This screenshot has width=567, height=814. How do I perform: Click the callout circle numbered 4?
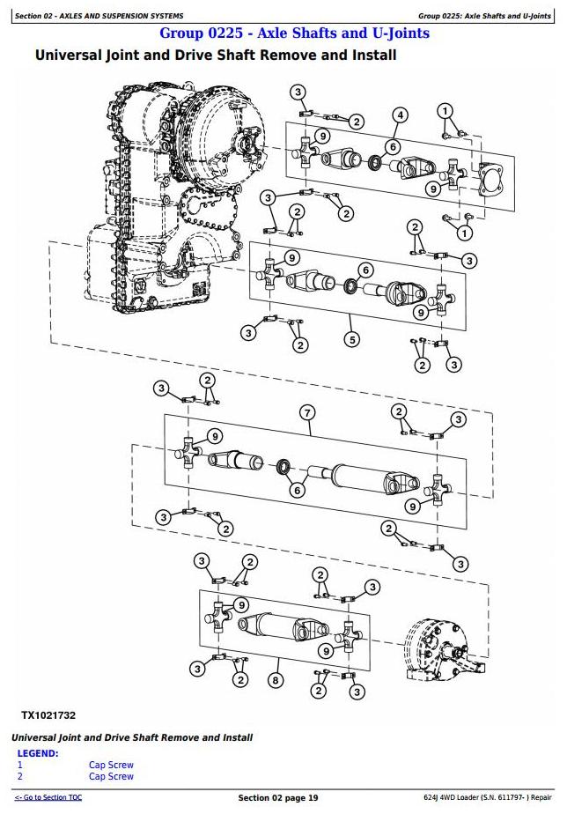coord(400,115)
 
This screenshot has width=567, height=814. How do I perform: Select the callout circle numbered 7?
coord(306,413)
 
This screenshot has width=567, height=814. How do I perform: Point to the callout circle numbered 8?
coord(276,680)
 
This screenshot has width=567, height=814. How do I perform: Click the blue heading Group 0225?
coord(294,33)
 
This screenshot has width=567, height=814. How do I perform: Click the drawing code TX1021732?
coord(48,715)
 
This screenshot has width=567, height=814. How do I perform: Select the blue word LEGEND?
coord(39,754)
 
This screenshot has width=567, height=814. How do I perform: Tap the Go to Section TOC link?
coord(48,797)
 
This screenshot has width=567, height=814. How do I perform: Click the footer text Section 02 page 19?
coord(277,797)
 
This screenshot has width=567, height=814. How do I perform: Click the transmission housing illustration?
coord(167,203)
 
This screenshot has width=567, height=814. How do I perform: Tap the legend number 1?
coord(20,766)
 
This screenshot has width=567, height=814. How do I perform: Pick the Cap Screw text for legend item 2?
coord(111,776)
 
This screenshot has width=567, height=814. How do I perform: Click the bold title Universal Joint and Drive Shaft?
coord(215,55)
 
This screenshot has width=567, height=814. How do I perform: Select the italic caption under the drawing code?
coord(132,737)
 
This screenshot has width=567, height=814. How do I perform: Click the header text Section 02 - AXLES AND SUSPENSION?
coord(100,16)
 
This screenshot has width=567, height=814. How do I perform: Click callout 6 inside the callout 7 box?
coord(298,491)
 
